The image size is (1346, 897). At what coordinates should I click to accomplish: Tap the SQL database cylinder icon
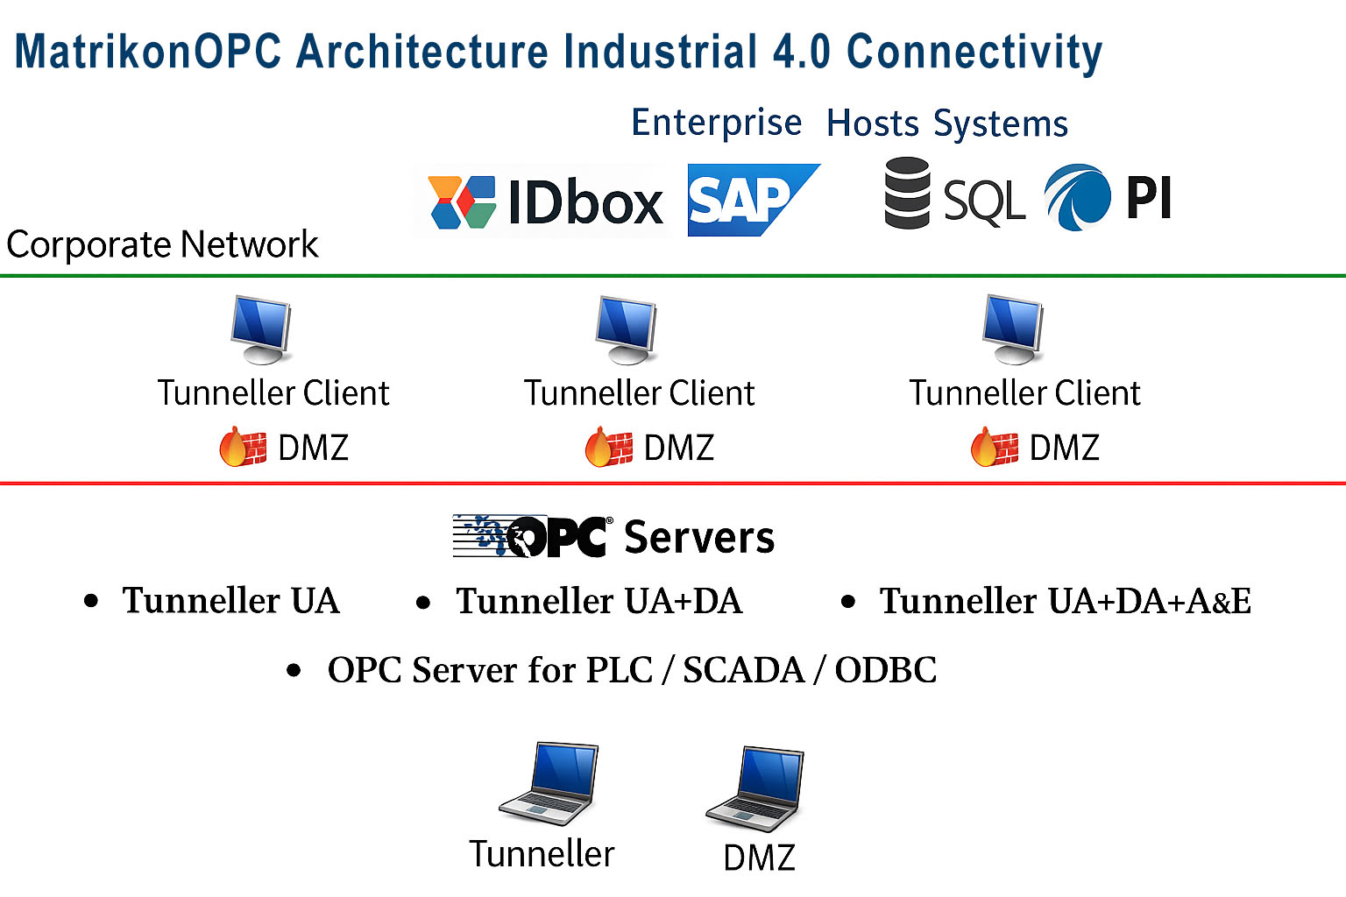907,193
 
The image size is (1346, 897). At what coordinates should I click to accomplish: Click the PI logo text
1148,198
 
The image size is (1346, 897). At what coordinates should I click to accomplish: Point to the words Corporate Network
162,244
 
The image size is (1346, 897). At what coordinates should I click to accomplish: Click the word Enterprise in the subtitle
716,123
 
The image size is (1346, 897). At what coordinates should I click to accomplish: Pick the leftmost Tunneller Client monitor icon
261,329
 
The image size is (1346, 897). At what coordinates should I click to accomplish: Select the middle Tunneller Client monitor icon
626,329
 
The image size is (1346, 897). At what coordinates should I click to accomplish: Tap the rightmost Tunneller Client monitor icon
1013,329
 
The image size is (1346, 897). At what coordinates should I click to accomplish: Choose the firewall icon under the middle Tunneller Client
608,447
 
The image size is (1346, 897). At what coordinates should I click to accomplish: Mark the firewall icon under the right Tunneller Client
994,447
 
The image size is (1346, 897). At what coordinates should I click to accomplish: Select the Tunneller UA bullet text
230,601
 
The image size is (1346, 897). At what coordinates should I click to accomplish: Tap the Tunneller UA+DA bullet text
599,601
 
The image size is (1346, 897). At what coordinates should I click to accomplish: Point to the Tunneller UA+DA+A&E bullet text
1065,601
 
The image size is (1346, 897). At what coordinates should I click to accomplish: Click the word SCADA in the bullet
743,670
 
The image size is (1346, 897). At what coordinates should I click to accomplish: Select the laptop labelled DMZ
755,788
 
